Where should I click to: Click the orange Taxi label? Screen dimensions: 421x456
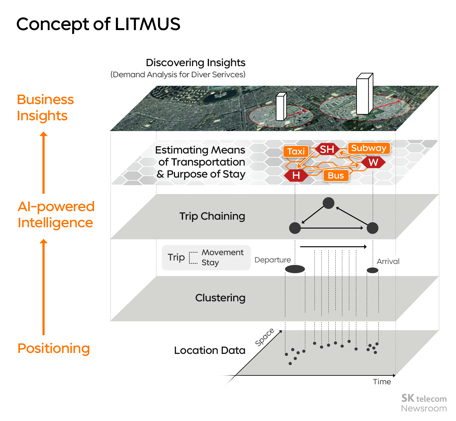coord(296,151)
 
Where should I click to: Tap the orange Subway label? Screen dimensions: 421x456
coord(369,148)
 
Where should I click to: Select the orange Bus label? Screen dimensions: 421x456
coord(336,175)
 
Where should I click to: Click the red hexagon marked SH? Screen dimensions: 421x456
coord(327,149)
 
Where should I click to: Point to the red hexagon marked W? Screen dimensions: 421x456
coord(373,162)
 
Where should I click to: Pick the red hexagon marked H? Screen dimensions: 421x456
coord(296,175)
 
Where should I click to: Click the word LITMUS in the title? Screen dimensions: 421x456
coord(148,24)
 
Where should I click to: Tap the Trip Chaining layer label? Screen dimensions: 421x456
coord(212,216)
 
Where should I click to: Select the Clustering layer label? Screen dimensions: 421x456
coord(220,298)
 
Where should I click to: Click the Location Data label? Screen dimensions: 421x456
coord(210,350)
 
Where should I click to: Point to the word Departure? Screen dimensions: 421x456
coord(273,260)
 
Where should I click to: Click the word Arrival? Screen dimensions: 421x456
coord(388,261)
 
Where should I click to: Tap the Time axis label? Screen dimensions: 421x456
coord(382,382)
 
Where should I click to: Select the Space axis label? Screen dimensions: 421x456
coord(265,337)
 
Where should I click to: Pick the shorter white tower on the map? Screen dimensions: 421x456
coord(281,107)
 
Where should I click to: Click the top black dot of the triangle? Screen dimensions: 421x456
coord(329,203)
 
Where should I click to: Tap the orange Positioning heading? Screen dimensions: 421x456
coord(54,348)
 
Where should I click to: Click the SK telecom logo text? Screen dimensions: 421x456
coord(424,398)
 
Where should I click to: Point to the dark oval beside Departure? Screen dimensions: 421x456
coord(295,269)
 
